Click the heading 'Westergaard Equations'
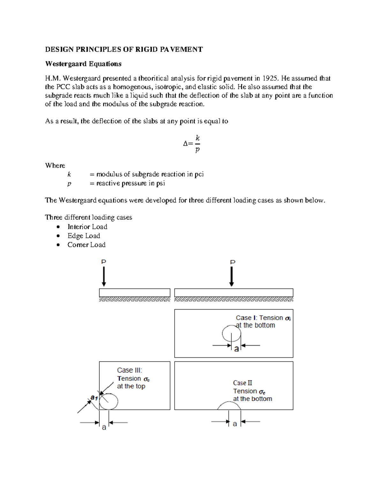[83, 64]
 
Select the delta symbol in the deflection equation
[185, 144]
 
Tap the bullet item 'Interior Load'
[87, 227]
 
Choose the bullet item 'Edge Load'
[84, 236]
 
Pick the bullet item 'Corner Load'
[86, 245]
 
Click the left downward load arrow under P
[104, 277]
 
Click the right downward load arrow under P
[232, 277]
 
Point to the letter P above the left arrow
[104, 262]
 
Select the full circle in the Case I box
[231, 334]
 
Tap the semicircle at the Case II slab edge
[229, 405]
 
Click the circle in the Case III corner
[109, 401]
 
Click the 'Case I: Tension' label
[259, 318]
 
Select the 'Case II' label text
[243, 383]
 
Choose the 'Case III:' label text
[130, 370]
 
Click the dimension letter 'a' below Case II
[235, 424]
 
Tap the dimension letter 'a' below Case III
[104, 427]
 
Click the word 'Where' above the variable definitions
[55, 165]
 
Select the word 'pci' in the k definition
[199, 174]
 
